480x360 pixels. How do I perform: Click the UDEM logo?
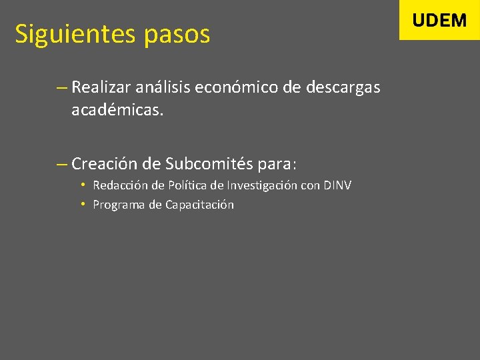point(439,20)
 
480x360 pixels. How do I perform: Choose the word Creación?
point(103,163)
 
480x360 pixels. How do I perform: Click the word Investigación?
point(263,185)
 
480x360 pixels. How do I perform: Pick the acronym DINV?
point(337,185)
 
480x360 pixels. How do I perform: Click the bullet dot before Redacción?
point(82,185)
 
